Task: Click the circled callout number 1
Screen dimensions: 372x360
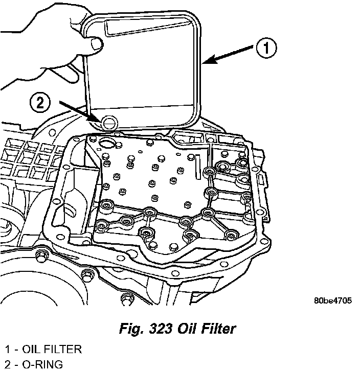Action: [266, 49]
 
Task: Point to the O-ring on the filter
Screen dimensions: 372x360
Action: [108, 122]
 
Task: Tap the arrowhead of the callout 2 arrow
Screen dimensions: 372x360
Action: [97, 119]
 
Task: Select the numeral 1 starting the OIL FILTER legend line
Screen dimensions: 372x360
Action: [7, 350]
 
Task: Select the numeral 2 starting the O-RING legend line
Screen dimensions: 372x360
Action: [7, 365]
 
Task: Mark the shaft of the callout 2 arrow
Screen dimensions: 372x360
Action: [77, 111]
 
